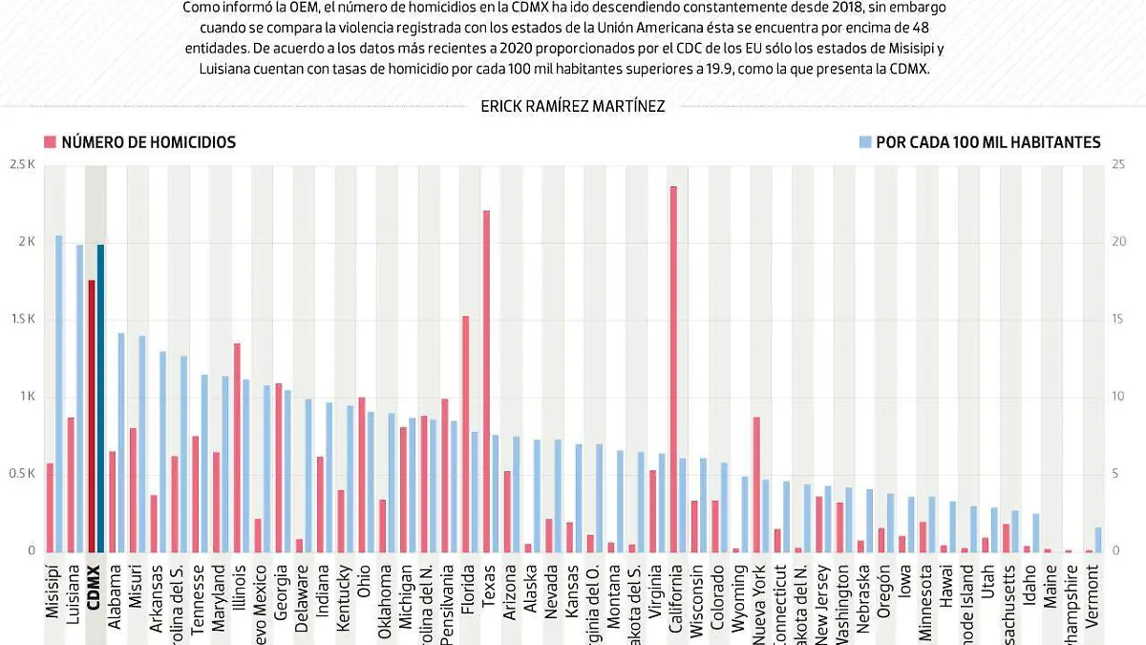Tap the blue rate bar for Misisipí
pyautogui.click(x=59, y=393)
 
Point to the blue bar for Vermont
pyautogui.click(x=1098, y=539)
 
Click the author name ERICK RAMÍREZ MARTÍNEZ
pyautogui.click(x=573, y=107)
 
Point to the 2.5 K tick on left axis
pyautogui.click(x=22, y=164)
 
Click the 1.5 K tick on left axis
pyautogui.click(x=22, y=319)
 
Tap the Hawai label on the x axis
pyautogui.click(x=945, y=598)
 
